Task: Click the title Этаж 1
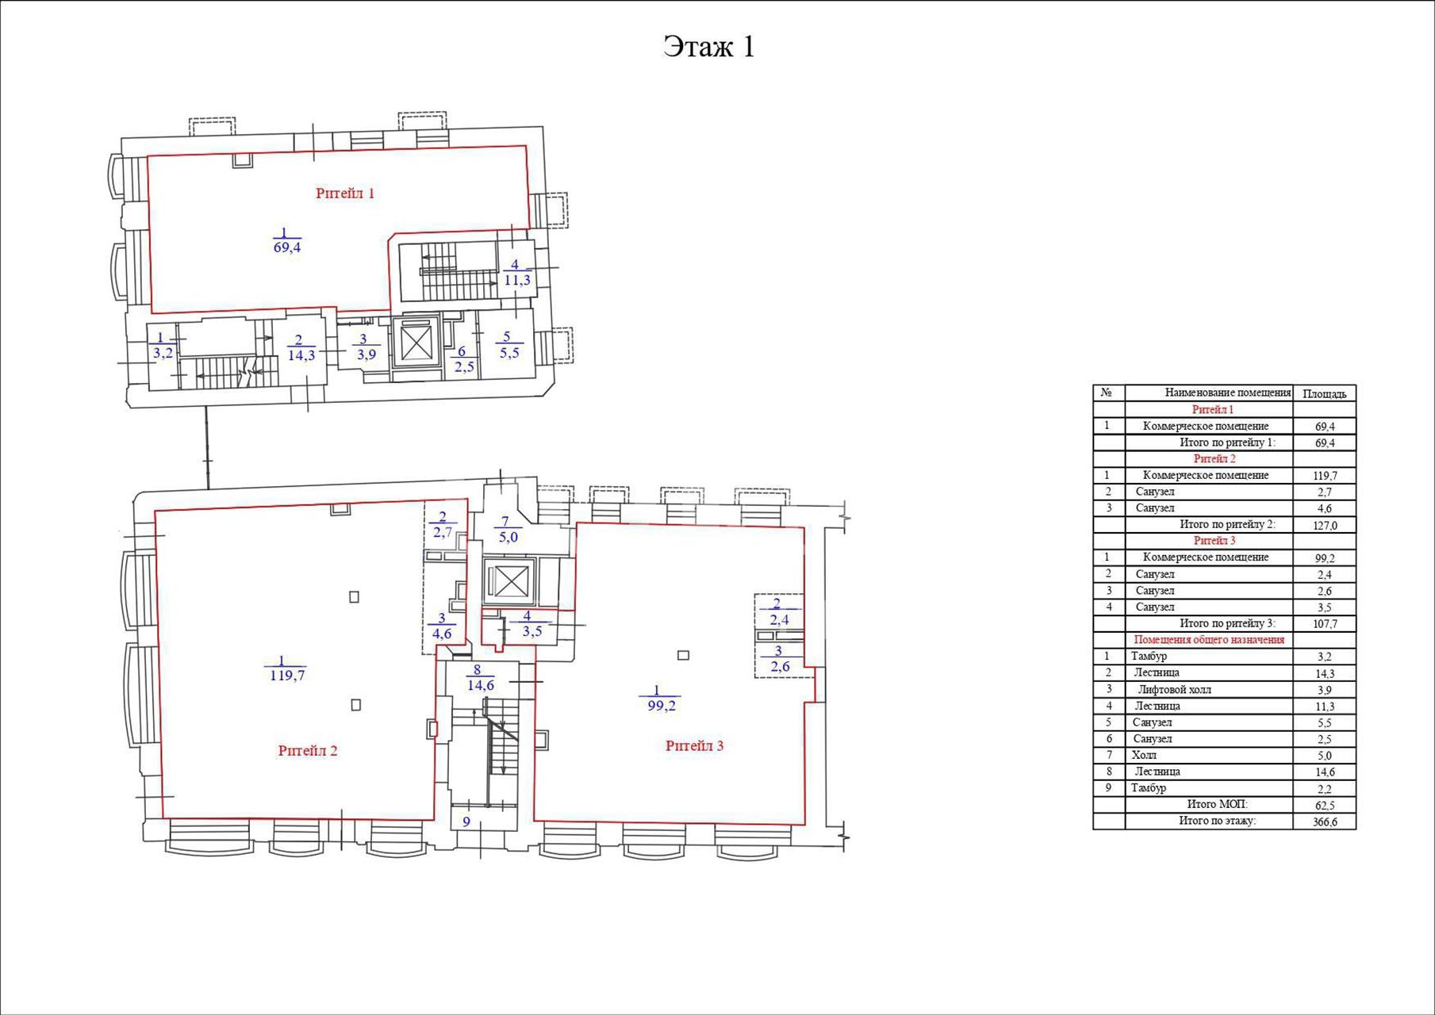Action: tap(708, 47)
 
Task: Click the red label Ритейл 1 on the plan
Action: tap(345, 193)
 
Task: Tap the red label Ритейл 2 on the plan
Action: tap(308, 751)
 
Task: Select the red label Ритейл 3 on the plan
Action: tap(694, 746)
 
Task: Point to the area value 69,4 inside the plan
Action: tap(286, 247)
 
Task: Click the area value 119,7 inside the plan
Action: tap(287, 676)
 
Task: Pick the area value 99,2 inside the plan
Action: tap(661, 706)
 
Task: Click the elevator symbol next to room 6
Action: tap(416, 343)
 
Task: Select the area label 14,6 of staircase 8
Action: tap(481, 686)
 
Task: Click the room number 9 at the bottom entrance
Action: tap(466, 822)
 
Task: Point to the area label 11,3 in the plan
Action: tap(516, 281)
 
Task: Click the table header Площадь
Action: tap(1324, 393)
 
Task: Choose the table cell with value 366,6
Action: tap(1324, 822)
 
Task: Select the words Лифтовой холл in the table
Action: tap(1175, 690)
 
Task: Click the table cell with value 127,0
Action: tap(1324, 525)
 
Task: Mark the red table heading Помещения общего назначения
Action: tap(1209, 640)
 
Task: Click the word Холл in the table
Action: tap(1144, 756)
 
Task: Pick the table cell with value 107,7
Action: tap(1324, 624)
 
